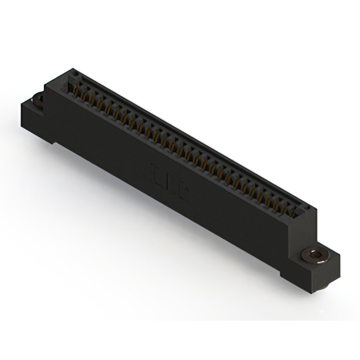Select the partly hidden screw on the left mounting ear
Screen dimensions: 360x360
39,100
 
